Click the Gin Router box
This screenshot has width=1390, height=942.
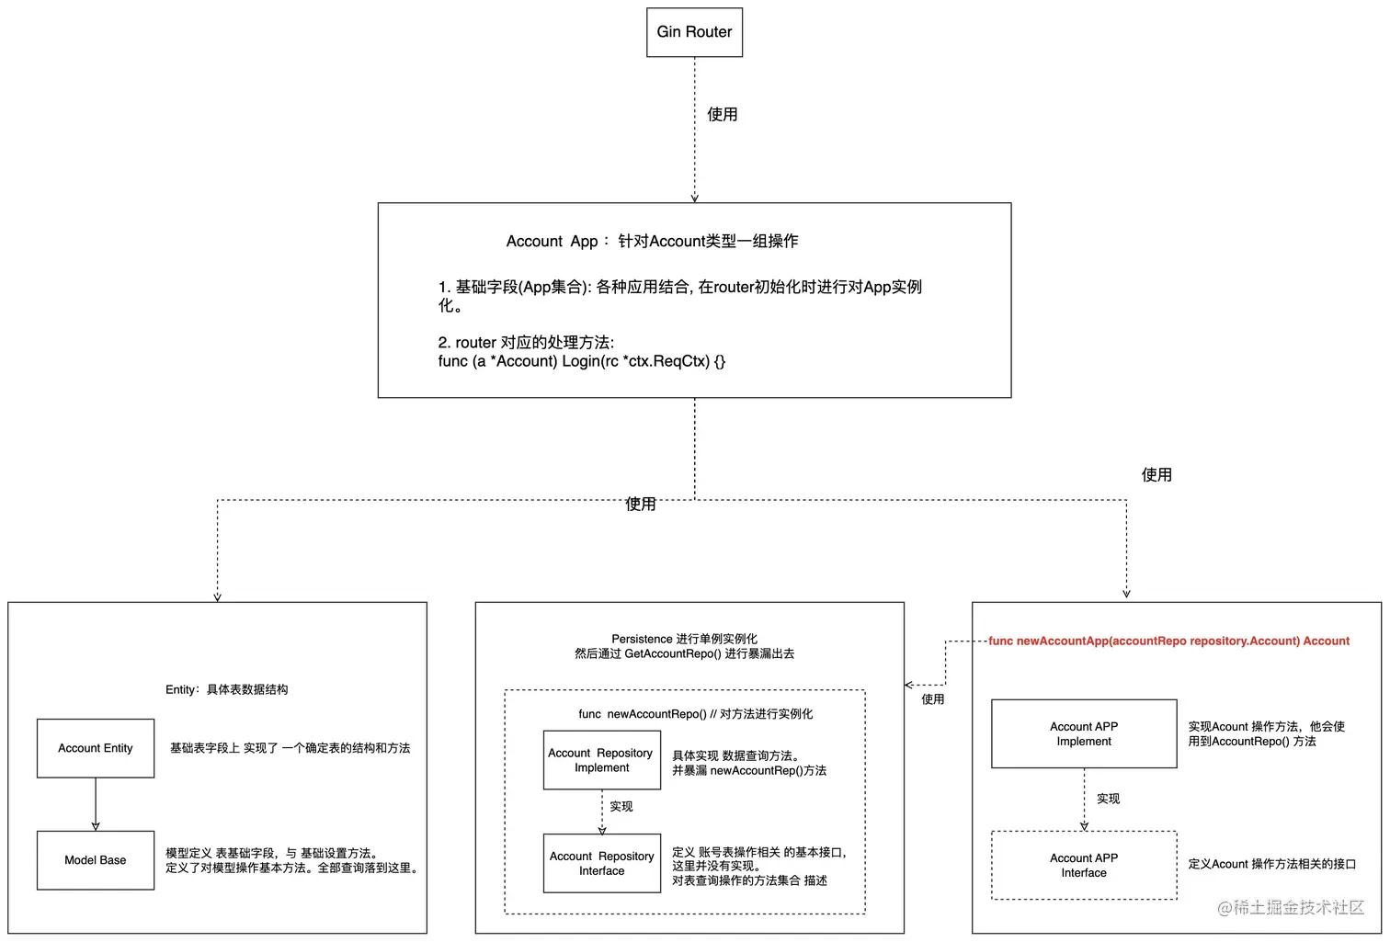click(694, 32)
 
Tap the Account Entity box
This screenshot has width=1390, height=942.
click(96, 748)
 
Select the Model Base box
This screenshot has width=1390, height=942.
click(96, 860)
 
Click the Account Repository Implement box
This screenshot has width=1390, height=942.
click(601, 760)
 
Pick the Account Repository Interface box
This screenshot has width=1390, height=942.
click(601, 863)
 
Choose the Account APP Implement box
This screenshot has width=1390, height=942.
click(1083, 733)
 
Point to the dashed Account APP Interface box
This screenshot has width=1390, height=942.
click(1083, 865)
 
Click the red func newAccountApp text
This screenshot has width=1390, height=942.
click(1168, 641)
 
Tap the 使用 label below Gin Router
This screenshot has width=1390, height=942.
click(722, 114)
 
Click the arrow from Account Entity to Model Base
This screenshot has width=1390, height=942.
click(96, 804)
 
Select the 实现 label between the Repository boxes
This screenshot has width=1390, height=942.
click(621, 806)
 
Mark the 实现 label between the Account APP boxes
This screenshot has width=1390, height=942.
click(1108, 799)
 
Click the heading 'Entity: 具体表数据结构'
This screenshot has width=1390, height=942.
click(226, 689)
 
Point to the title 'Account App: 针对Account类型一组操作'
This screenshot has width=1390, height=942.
click(652, 241)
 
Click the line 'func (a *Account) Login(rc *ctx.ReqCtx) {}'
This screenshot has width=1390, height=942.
click(581, 361)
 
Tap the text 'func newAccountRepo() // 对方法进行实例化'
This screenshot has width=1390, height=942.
click(695, 714)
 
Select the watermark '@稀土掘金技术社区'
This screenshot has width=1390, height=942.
click(1290, 907)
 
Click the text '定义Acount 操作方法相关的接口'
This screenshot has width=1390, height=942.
click(1271, 864)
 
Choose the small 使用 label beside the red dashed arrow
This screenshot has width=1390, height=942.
click(932, 699)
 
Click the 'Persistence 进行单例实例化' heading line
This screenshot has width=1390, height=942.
click(684, 639)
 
